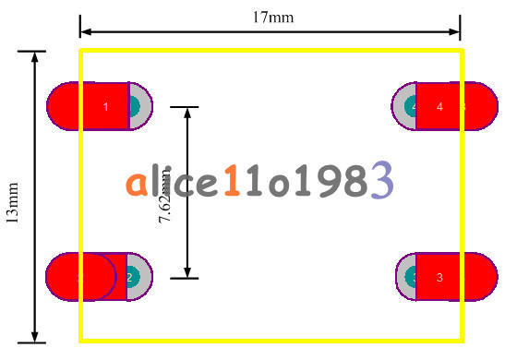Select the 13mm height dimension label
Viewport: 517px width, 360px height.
coord(13,201)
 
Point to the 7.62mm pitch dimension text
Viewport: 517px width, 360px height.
coord(165,205)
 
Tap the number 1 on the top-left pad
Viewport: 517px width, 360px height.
coord(105,107)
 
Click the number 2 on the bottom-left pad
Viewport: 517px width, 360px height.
coord(129,277)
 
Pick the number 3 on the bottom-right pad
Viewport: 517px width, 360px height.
coord(439,277)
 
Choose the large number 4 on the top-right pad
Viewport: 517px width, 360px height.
coord(439,107)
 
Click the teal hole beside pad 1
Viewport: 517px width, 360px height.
coord(135,106)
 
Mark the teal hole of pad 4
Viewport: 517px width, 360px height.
coord(413,107)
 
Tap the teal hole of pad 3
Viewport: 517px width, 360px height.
coord(413,277)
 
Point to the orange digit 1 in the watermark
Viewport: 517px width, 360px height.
coord(232,183)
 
